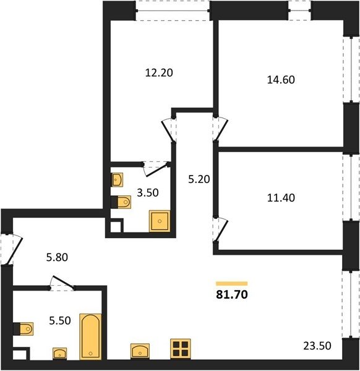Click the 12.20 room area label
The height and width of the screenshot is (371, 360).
point(159,72)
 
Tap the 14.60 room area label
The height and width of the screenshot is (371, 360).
point(281,80)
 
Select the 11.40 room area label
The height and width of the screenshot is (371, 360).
point(281,198)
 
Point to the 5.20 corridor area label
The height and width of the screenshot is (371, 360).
point(199,179)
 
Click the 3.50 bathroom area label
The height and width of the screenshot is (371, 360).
point(148,193)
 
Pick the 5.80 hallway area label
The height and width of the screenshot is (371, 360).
point(57,257)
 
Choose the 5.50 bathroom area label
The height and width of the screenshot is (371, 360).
point(60,320)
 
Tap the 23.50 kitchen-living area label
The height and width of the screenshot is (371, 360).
point(317,346)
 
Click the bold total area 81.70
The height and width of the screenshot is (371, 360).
point(232,294)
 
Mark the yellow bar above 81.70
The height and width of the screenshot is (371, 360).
point(232,284)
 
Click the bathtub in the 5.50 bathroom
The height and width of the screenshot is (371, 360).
point(90,337)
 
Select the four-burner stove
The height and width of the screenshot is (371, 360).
point(181,349)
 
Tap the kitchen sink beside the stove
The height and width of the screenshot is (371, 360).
point(140,351)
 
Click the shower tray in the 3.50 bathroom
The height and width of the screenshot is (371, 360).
point(160,221)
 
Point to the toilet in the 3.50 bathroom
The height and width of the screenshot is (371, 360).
point(121,202)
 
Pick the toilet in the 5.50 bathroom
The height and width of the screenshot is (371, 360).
point(23,329)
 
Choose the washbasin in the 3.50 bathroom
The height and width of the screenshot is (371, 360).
point(117,180)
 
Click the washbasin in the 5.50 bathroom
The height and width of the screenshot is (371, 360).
point(59,353)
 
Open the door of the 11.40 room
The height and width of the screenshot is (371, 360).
point(220,230)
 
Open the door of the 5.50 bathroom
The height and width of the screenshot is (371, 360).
point(62,283)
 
